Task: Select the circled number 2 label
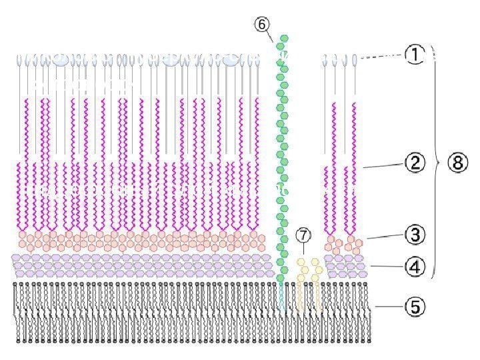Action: click(415, 163)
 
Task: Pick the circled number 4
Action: click(415, 267)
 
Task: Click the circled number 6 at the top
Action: click(262, 24)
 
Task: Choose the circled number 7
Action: click(303, 235)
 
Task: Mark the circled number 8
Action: click(457, 163)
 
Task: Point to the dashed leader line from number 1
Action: click(383, 57)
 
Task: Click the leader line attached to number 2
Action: click(380, 164)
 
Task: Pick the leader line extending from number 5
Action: click(388, 307)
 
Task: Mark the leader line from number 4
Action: click(386, 267)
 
